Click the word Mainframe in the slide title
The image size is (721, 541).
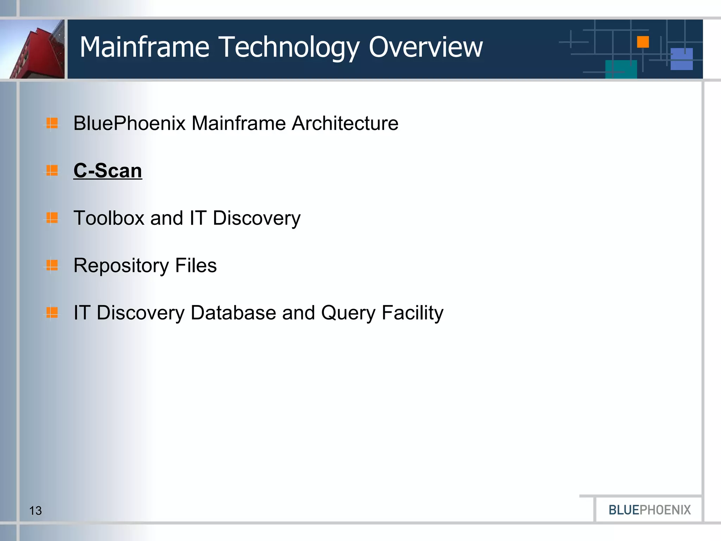click(x=145, y=47)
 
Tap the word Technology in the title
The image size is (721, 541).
click(x=290, y=48)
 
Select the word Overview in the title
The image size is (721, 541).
click(x=426, y=47)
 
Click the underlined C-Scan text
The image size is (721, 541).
click(x=108, y=171)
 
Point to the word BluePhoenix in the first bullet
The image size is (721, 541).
click(x=129, y=123)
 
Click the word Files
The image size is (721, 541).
click(x=196, y=265)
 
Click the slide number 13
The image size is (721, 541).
click(x=35, y=511)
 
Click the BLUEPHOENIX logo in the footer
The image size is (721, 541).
click(x=650, y=510)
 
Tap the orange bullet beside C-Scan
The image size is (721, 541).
click(x=52, y=171)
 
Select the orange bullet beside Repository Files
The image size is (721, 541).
click(x=52, y=265)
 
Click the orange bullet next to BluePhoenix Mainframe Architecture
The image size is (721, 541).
click(x=52, y=123)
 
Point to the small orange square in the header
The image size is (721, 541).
click(x=643, y=42)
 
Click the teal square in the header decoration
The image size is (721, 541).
click(x=621, y=69)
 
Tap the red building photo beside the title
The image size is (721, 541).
click(x=33, y=49)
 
